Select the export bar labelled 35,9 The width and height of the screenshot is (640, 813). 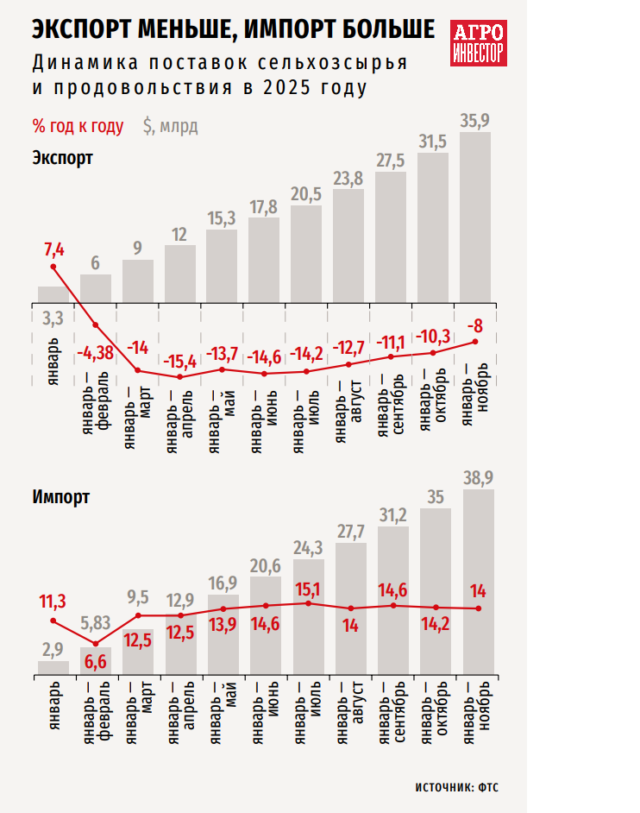tap(475, 216)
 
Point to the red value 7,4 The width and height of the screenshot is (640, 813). tap(54, 249)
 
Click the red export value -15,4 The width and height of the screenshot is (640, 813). tap(179, 361)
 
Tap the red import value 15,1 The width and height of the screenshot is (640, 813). tap(309, 589)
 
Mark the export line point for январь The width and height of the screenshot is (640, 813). tap(53, 267)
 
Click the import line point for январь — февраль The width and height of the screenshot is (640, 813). tap(96, 644)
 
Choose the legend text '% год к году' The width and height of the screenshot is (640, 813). tap(78, 126)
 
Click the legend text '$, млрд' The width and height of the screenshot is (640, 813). tap(171, 126)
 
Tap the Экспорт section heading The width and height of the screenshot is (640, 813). tap(62, 157)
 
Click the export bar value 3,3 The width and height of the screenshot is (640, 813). tap(53, 318)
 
